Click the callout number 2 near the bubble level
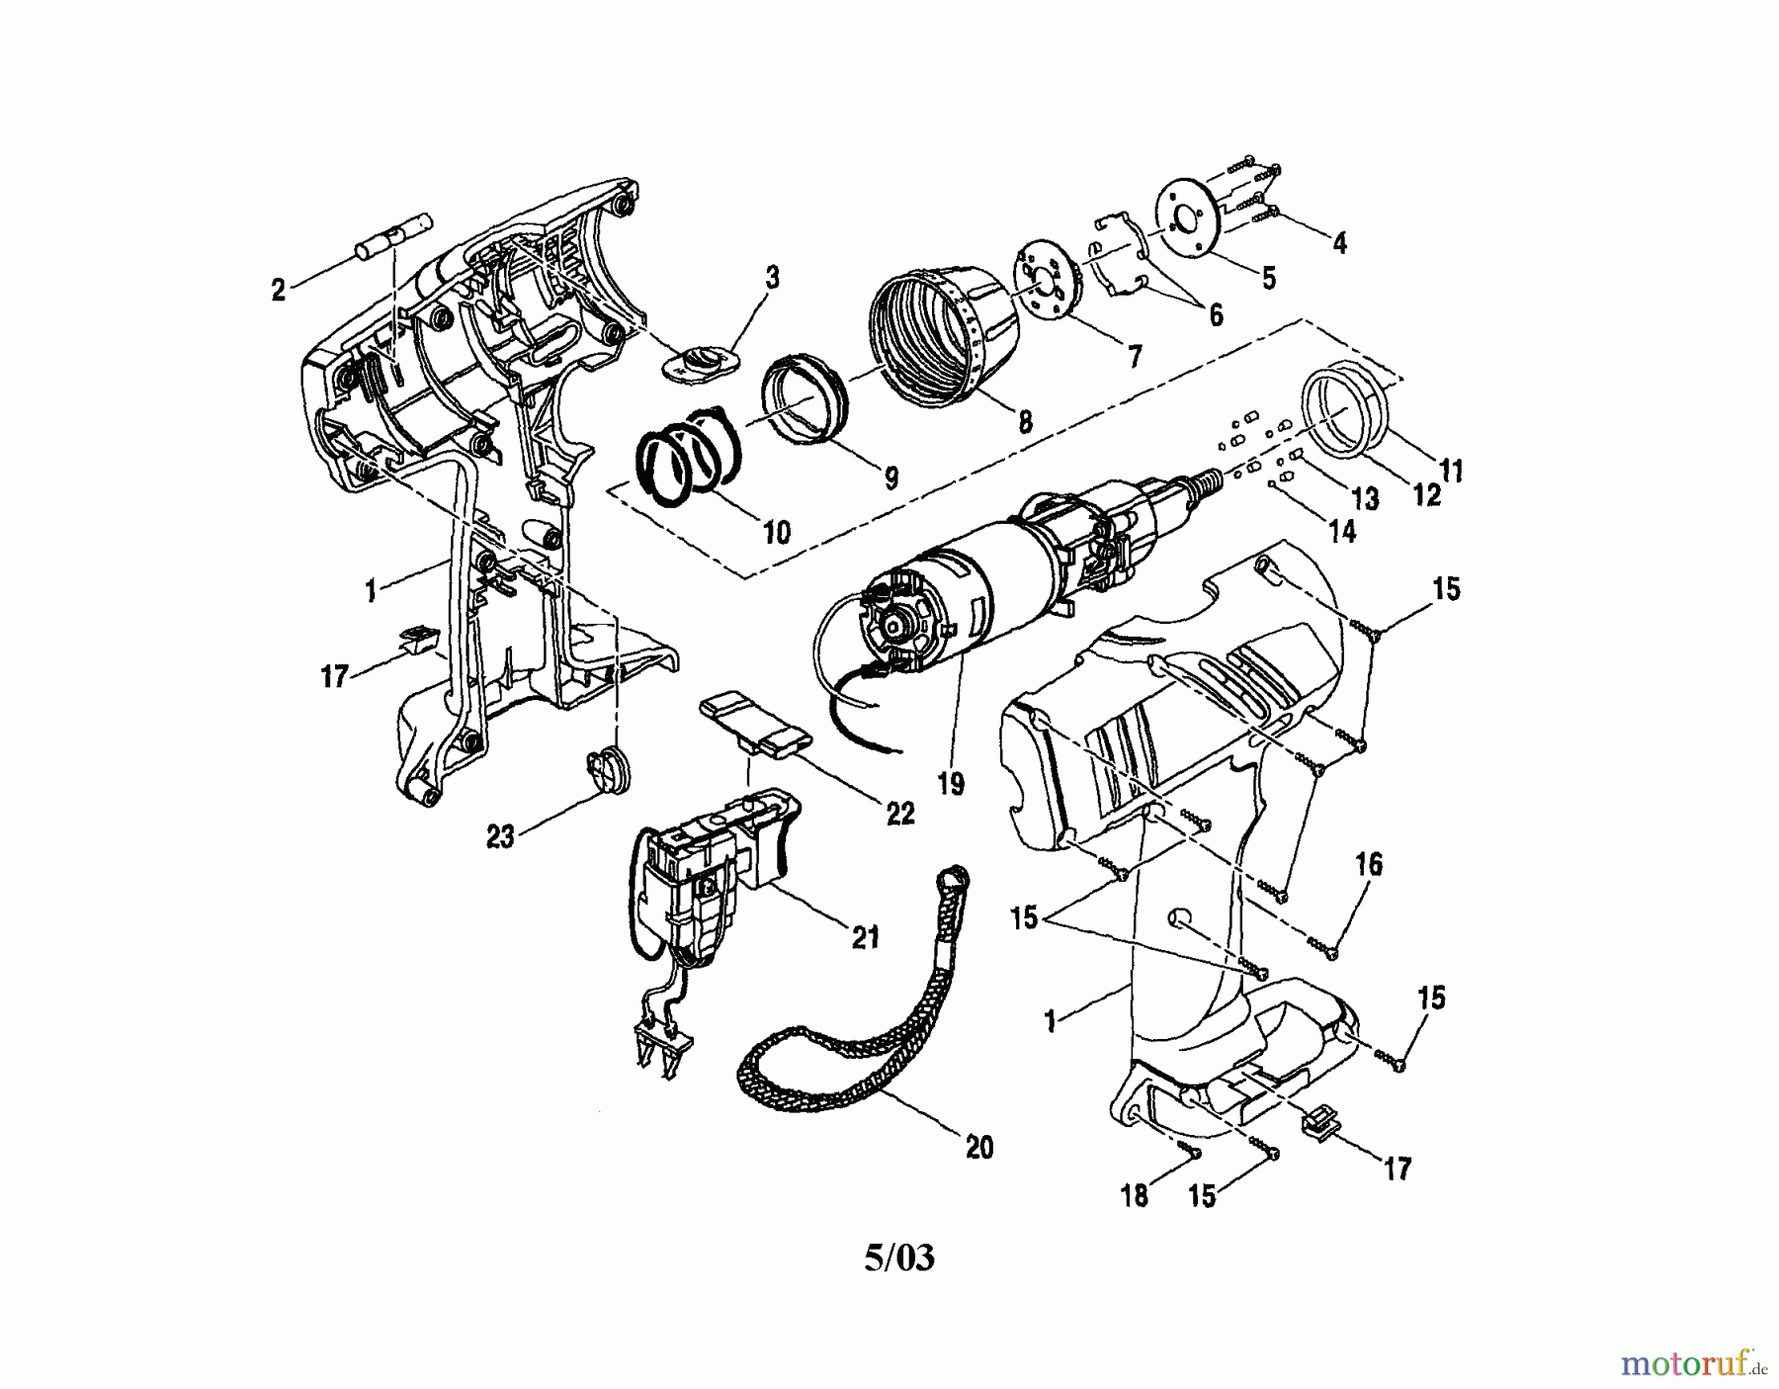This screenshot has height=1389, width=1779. (x=279, y=291)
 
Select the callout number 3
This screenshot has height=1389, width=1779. (x=772, y=278)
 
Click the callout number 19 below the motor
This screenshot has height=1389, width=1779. (x=951, y=784)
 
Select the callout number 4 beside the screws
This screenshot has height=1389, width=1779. (x=1340, y=242)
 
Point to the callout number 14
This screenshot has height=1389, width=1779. (x=1341, y=531)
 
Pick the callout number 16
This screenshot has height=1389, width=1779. (x=1369, y=865)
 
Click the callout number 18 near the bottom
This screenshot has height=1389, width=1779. (x=1134, y=1195)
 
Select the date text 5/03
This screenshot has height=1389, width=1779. (x=898, y=1259)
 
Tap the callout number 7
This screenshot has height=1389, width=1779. (x=1133, y=355)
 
